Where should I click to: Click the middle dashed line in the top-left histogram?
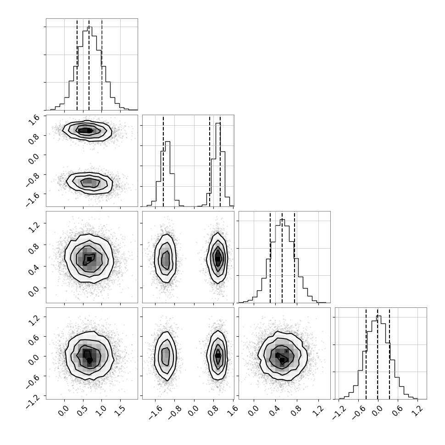click(x=89, y=65)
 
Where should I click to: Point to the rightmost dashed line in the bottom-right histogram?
click(x=389, y=354)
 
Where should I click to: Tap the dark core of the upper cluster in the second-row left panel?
click(x=85, y=131)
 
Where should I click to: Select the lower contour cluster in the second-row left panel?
click(x=89, y=183)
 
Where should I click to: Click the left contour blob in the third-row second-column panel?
click(x=165, y=259)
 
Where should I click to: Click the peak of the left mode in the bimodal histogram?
click(x=167, y=142)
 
